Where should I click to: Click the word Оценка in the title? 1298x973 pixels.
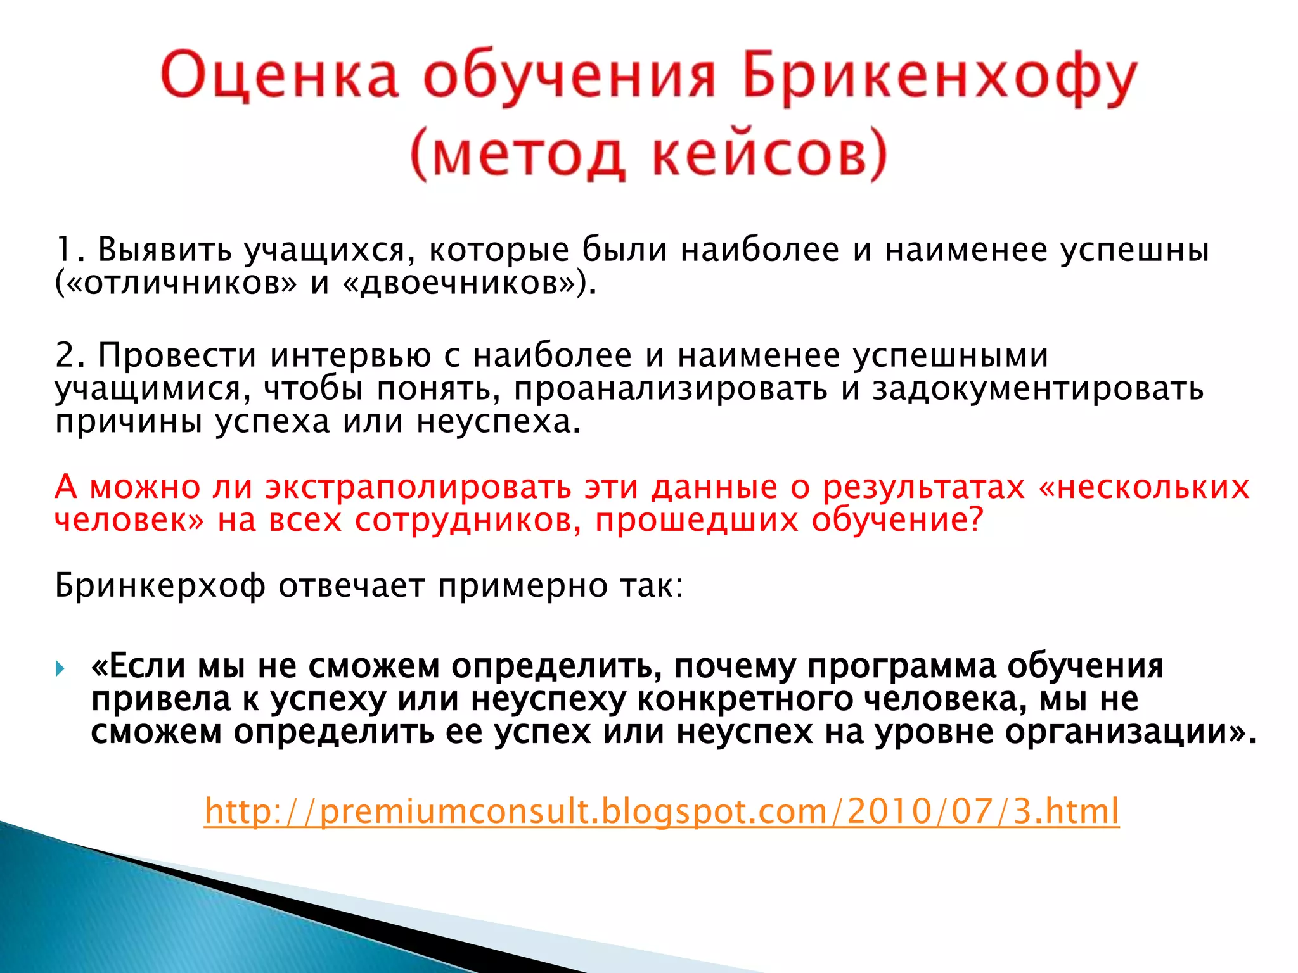point(280,76)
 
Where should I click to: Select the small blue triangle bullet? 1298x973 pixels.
point(60,668)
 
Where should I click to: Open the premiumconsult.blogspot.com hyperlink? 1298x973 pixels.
point(662,811)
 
